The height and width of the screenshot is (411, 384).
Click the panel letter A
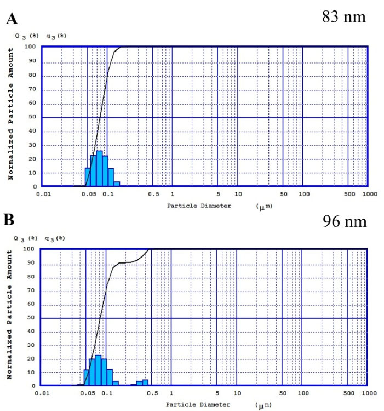pos(10,20)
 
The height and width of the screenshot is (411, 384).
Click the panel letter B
pos(10,223)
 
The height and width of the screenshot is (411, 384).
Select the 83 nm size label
pos(343,17)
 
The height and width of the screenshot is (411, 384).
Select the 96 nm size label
pos(343,223)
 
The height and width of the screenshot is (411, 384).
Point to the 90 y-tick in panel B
pos(33,263)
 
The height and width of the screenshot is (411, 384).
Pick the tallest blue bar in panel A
pos(99,168)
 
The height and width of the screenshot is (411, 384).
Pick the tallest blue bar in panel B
pos(98,370)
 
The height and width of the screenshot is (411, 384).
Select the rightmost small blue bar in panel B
pos(145,382)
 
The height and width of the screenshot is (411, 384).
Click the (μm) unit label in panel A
pos(264,206)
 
